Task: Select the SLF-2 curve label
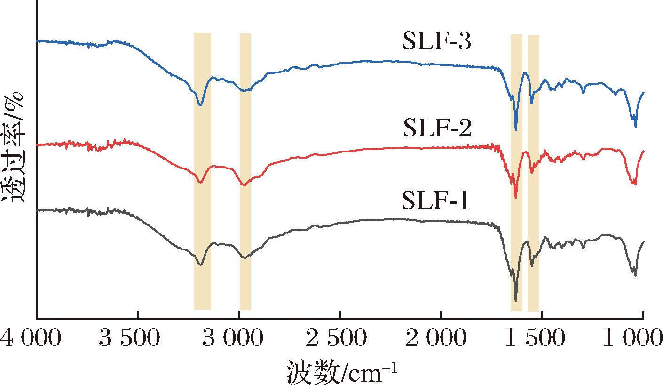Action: [437, 128]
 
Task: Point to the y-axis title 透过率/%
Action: [13, 148]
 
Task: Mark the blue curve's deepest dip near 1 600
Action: [516, 129]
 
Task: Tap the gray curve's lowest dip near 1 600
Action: [516, 300]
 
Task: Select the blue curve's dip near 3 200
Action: [201, 105]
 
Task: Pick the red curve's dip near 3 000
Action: [244, 185]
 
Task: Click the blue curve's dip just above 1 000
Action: [635, 126]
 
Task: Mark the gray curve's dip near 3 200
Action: [201, 265]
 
